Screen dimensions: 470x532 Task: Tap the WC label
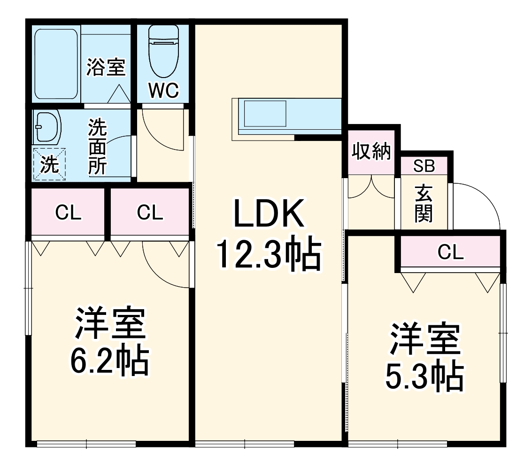click(163, 91)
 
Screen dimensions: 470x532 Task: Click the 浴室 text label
click(106, 67)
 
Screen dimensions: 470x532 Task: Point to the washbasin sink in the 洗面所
click(47, 127)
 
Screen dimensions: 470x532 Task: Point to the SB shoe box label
click(424, 165)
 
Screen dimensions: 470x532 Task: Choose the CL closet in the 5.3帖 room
click(450, 252)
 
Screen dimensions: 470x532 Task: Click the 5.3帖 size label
click(424, 376)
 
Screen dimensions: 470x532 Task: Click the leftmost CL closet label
click(68, 213)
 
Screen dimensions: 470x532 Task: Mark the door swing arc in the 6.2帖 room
click(164, 266)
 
